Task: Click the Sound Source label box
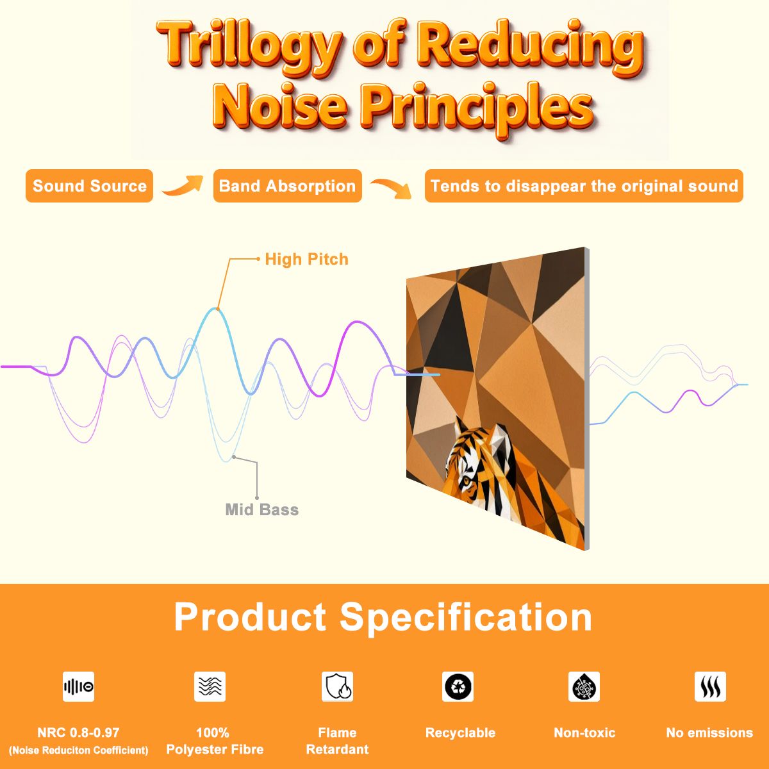click(x=89, y=186)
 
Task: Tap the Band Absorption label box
click(x=287, y=186)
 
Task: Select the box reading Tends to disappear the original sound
click(x=584, y=186)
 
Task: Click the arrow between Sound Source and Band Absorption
click(x=183, y=186)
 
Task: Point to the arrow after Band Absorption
click(x=391, y=188)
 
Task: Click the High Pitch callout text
click(x=306, y=260)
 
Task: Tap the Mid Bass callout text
click(x=262, y=509)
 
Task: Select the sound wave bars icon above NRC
click(x=79, y=686)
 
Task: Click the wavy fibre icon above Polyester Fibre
click(x=210, y=686)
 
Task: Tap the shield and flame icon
click(x=338, y=686)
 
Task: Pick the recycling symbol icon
click(x=458, y=686)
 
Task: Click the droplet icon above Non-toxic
click(x=584, y=686)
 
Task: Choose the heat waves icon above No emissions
click(x=710, y=686)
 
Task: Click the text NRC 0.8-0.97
click(x=78, y=732)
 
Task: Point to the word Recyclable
click(x=460, y=732)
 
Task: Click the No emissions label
click(x=709, y=732)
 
